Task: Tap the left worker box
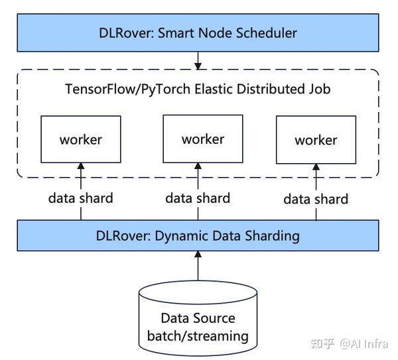coord(81,139)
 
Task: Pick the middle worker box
coord(202,139)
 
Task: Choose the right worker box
coord(315,140)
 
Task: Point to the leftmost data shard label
coord(80,198)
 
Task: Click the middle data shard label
coord(198,198)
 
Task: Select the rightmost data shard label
coord(316,198)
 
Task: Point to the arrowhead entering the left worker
coord(81,166)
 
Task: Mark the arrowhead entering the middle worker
coord(198,166)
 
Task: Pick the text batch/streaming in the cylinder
coord(198,335)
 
